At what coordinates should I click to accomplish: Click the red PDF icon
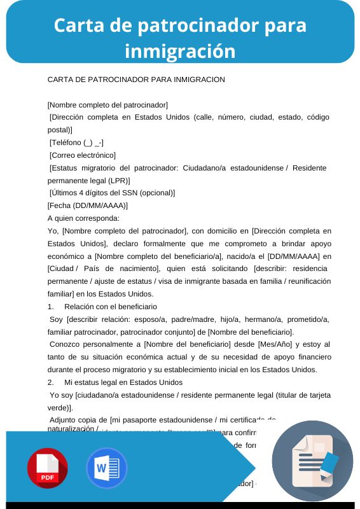pos(48,468)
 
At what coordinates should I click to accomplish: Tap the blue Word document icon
pos(107,468)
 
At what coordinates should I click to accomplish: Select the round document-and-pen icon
pos(312,461)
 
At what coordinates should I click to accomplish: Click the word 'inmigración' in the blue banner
pos(180,50)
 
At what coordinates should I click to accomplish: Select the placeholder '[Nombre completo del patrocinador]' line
pos(107,104)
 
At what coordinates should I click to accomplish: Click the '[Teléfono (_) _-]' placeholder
pos(77,143)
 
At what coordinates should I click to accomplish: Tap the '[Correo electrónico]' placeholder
pos(83,155)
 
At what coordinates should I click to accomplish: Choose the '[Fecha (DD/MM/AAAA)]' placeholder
pos(88,206)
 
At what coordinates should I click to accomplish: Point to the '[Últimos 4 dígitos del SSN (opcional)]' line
pos(112,193)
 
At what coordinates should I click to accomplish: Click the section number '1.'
pos(51,307)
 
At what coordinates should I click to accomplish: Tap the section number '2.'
pos(51,382)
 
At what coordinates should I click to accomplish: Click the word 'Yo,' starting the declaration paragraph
pos(53,230)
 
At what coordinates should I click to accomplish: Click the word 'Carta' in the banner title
pos(76,25)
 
